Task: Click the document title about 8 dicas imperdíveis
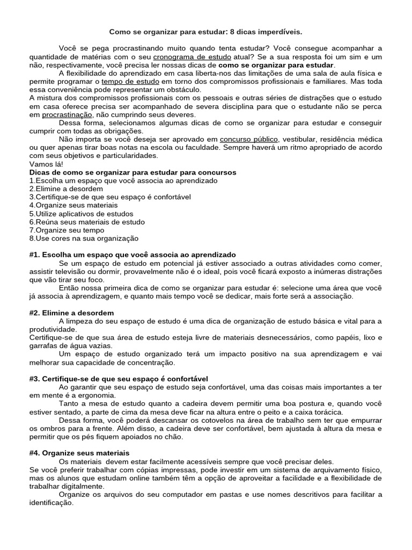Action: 206,32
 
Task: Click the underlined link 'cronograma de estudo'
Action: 193,56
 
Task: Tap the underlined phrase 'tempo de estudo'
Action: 127,81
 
